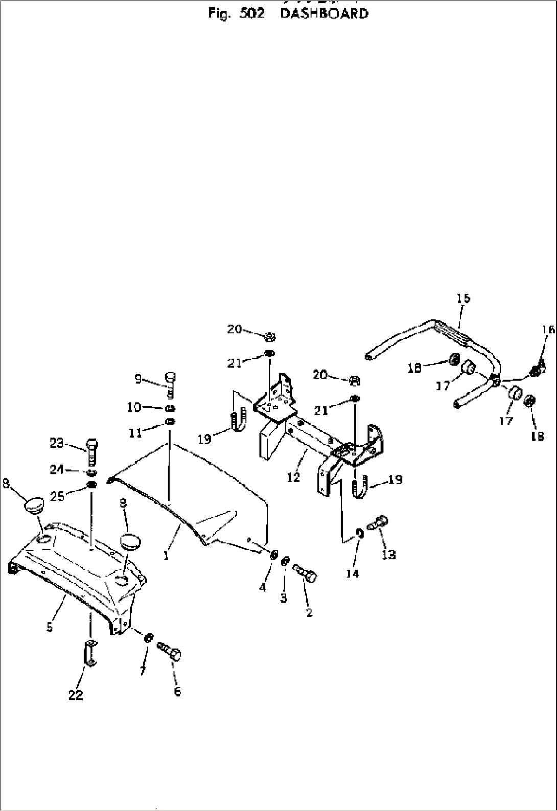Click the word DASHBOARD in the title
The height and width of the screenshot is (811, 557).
(x=324, y=14)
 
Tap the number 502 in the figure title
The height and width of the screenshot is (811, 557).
(x=251, y=14)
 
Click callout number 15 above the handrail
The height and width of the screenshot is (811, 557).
(x=463, y=298)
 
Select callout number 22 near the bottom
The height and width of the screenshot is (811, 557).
(x=76, y=695)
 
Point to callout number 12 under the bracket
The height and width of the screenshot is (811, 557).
(x=293, y=477)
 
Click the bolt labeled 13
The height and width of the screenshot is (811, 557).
(x=378, y=523)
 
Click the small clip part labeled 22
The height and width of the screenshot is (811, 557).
(x=90, y=653)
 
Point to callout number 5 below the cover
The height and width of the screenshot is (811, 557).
(x=50, y=627)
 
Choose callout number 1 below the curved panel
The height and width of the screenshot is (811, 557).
(x=166, y=555)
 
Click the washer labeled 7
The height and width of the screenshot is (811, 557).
(x=148, y=637)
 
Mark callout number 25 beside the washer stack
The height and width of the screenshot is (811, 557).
(x=57, y=496)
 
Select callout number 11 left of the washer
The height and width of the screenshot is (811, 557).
(x=135, y=433)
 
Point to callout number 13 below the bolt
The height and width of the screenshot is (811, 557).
(x=389, y=554)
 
